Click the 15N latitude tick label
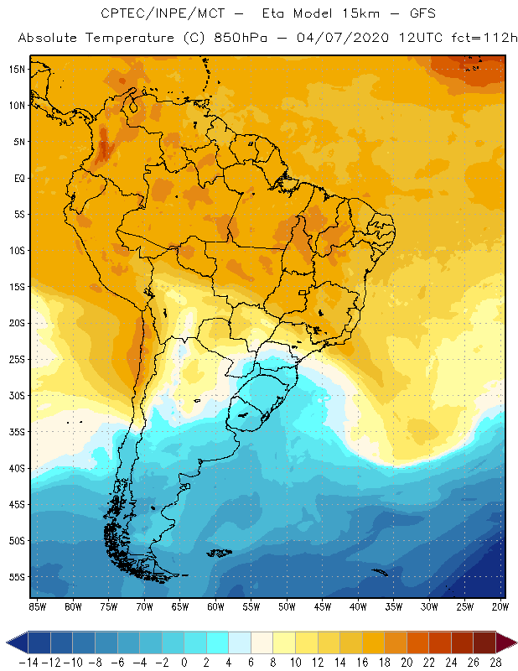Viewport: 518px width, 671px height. (16, 69)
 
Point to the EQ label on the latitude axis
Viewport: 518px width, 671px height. (18, 178)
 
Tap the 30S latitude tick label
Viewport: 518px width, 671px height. (16, 395)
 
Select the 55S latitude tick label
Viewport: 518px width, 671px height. (16, 576)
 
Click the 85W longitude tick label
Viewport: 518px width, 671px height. (37, 606)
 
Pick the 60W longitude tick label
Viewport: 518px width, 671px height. (216, 606)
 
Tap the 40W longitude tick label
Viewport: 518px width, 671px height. (359, 606)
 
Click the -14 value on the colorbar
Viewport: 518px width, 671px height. (28, 662)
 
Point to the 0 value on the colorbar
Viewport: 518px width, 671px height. (184, 662)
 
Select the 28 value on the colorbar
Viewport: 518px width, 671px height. (494, 662)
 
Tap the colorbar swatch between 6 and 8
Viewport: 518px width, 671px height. (262, 642)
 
